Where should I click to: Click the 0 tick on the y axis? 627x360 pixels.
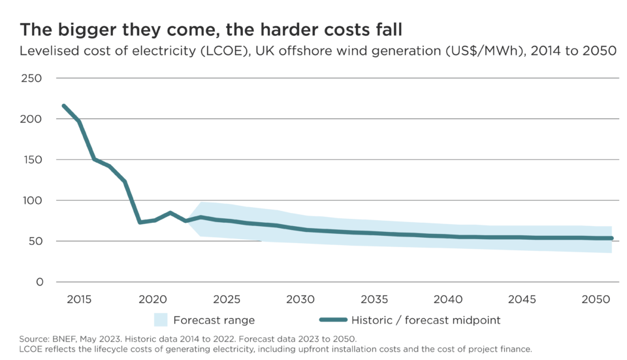click(39, 282)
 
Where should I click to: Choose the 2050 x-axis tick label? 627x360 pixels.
click(594, 299)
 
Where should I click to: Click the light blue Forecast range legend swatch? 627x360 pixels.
click(161, 320)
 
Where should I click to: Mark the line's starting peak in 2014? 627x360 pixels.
click(63, 105)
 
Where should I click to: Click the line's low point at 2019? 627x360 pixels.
click(139, 223)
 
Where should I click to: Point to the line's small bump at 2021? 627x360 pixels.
click(170, 212)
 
